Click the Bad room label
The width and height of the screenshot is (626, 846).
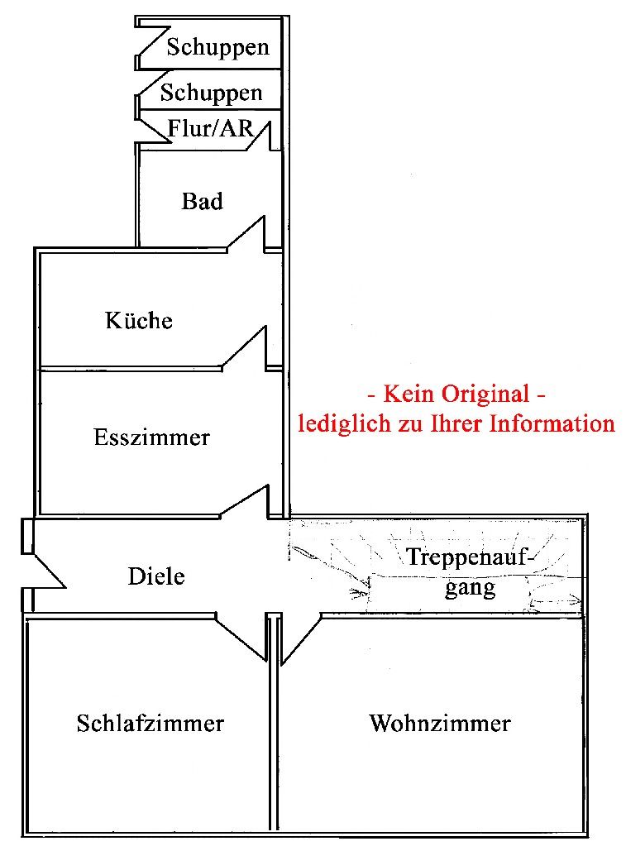(203, 201)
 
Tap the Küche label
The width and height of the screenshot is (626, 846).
(139, 320)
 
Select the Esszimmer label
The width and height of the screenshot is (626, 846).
(151, 437)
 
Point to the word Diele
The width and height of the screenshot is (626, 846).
(156, 576)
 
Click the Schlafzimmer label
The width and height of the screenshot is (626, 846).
(151, 724)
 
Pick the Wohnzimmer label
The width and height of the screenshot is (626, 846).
(440, 724)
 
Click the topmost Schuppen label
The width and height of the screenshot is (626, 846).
(218, 46)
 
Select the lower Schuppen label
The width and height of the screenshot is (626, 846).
(211, 93)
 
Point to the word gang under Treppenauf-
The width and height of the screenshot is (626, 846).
(470, 588)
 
